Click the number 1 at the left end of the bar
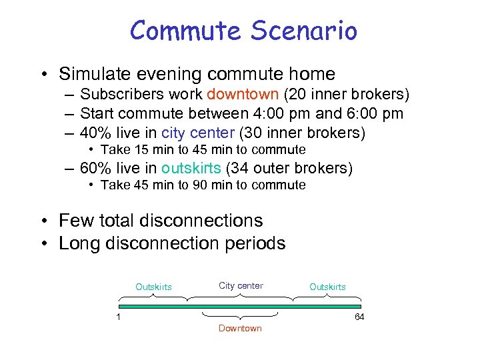[118, 317]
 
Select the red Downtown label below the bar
[240, 329]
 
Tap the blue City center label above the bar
[241, 286]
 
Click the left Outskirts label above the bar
[153, 287]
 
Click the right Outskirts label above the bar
[327, 287]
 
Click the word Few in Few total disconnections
[75, 221]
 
